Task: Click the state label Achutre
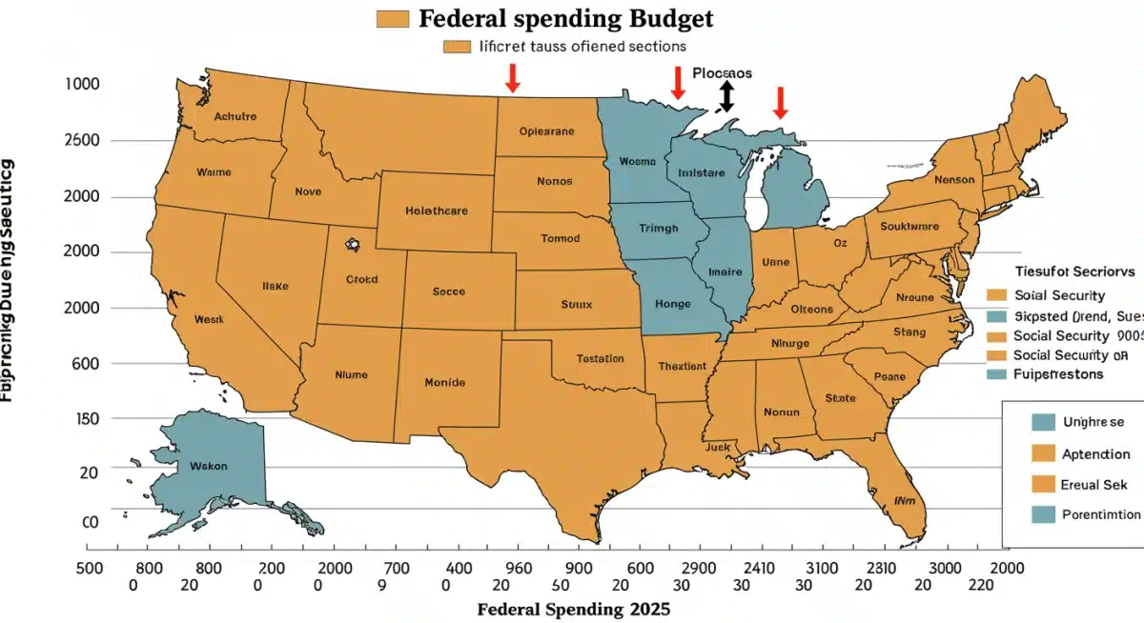pyautogui.click(x=235, y=116)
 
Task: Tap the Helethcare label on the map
pyautogui.click(x=436, y=211)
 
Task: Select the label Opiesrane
pyautogui.click(x=547, y=132)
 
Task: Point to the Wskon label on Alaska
pyautogui.click(x=208, y=468)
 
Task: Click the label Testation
pyautogui.click(x=601, y=359)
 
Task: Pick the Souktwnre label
pyautogui.click(x=909, y=228)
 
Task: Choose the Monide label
pyautogui.click(x=444, y=382)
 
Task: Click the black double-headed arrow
pyautogui.click(x=726, y=96)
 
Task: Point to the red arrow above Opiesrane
pyautogui.click(x=512, y=77)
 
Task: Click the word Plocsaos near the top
pyautogui.click(x=723, y=72)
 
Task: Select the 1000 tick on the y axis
pyautogui.click(x=82, y=84)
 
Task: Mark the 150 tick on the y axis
pyautogui.click(x=87, y=418)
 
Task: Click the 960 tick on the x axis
pyautogui.click(x=518, y=568)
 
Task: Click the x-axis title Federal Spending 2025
pyautogui.click(x=573, y=609)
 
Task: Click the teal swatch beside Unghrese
pyautogui.click(x=1044, y=421)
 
